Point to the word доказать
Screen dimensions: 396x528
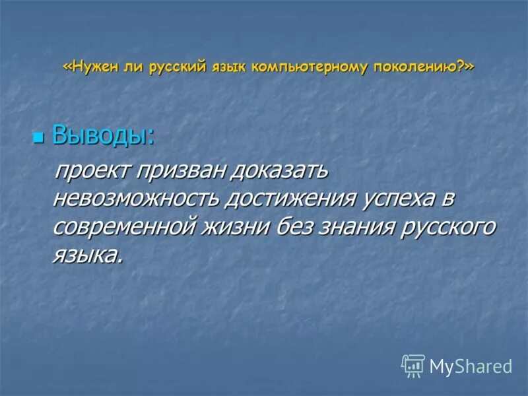(279, 170)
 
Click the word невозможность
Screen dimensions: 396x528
(137, 198)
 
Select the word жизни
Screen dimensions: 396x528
(243, 226)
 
